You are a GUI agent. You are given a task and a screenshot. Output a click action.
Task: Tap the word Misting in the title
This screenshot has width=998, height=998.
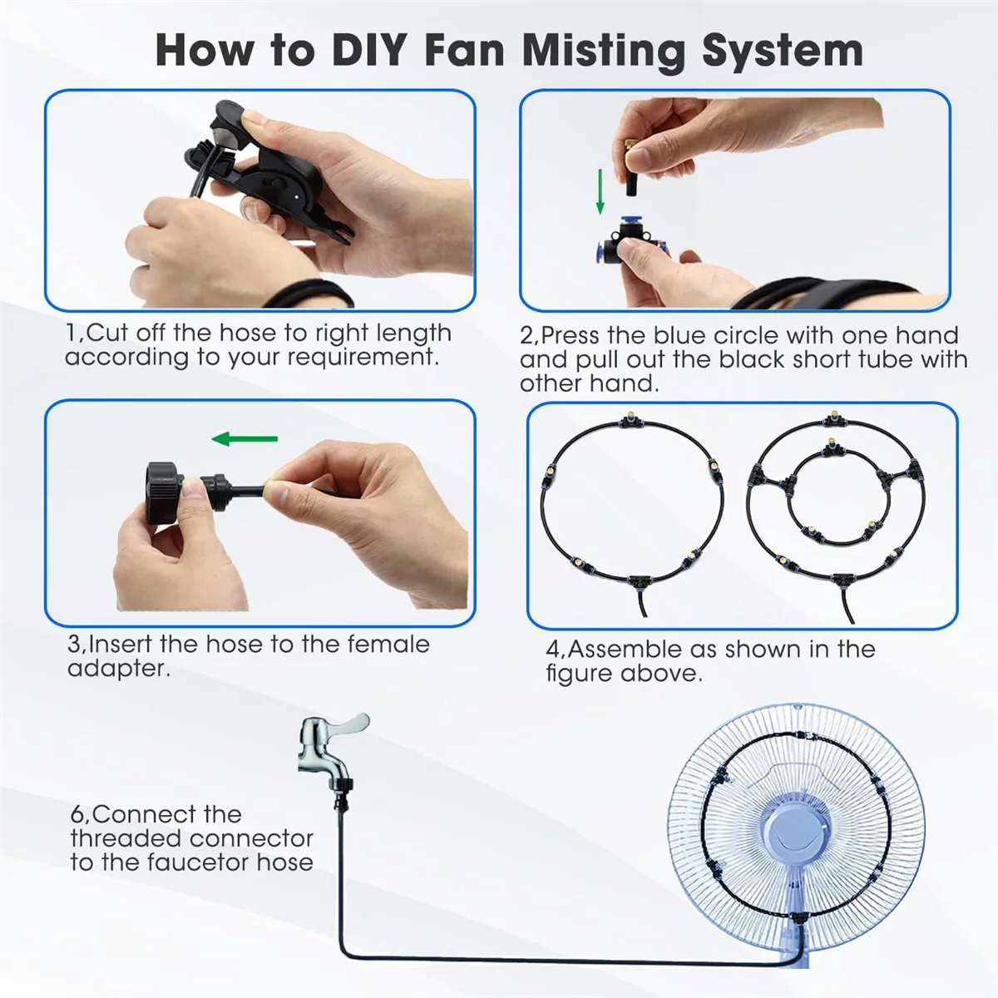click(x=603, y=51)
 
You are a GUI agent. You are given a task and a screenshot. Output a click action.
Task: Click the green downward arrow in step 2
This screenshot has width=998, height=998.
click(x=600, y=191)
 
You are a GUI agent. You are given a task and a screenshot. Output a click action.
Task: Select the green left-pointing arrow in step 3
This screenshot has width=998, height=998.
click(x=245, y=439)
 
